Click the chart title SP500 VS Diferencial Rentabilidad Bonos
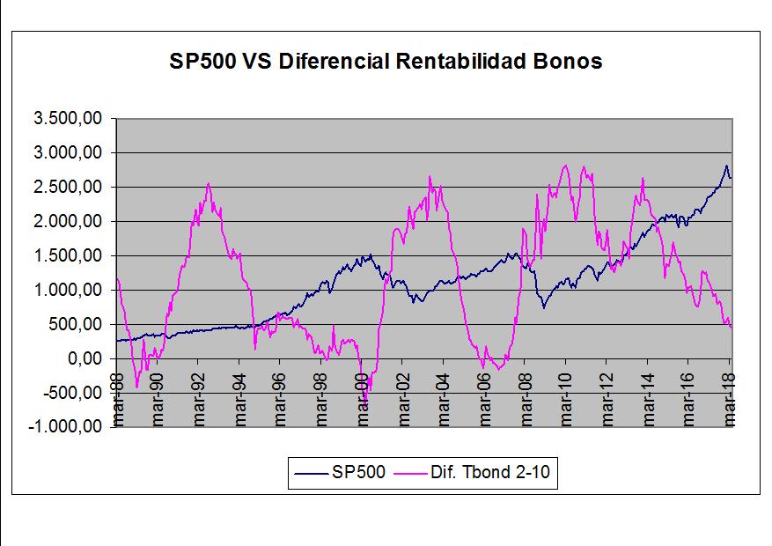(386, 62)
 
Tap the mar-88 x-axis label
(117, 409)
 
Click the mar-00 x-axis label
(362, 409)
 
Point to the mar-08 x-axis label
(526, 409)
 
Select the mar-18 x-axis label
(729, 409)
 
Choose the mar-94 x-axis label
(239, 409)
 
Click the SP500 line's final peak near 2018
(726, 166)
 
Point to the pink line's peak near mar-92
(208, 183)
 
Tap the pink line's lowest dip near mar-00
(364, 402)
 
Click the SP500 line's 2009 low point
(544, 306)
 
